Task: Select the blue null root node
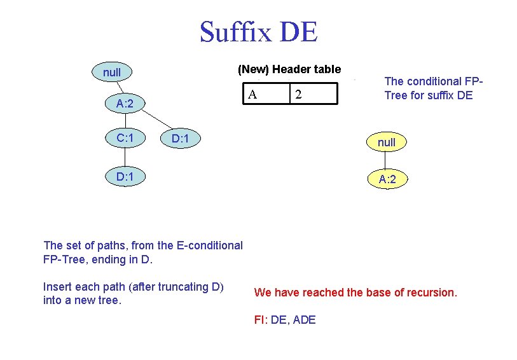pos(112,73)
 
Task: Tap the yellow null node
pos(386,142)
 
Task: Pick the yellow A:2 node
pos(387,179)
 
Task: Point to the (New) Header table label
pos(289,69)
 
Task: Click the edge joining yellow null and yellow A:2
pos(386,161)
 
